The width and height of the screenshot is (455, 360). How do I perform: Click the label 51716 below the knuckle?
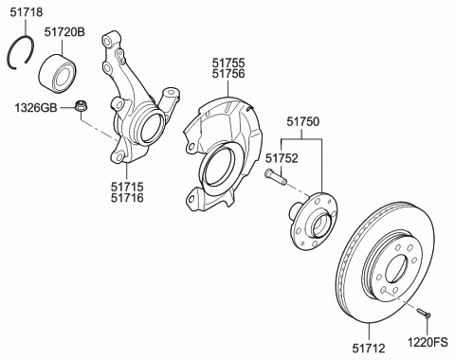coord(129,201)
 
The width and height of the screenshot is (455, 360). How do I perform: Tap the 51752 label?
coord(282,158)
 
